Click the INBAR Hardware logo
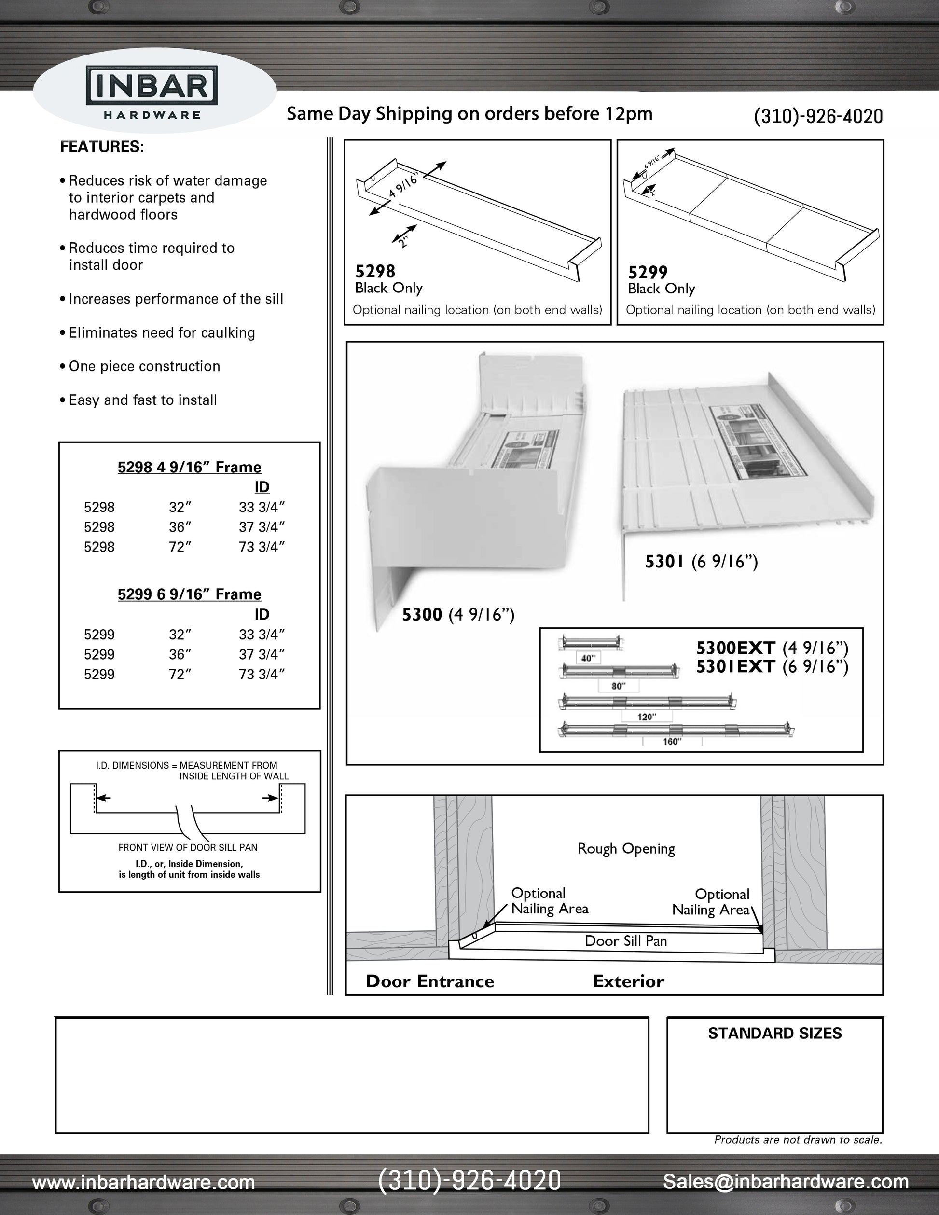click(x=152, y=92)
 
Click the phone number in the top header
click(x=818, y=116)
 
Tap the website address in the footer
click(x=143, y=1182)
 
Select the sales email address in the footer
click(x=786, y=1181)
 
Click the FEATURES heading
click(x=102, y=147)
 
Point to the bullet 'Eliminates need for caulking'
click(x=161, y=332)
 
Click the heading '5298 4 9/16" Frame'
click(x=189, y=467)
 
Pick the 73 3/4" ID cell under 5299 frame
click(x=262, y=674)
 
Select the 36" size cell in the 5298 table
click(x=180, y=527)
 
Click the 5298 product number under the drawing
click(x=375, y=272)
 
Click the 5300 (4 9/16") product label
click(x=458, y=615)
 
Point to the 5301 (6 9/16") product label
click(x=701, y=562)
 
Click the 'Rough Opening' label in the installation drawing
click(x=626, y=849)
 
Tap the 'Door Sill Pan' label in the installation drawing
click(x=625, y=941)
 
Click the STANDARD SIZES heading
click(x=774, y=1034)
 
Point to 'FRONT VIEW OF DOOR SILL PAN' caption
click(x=188, y=847)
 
